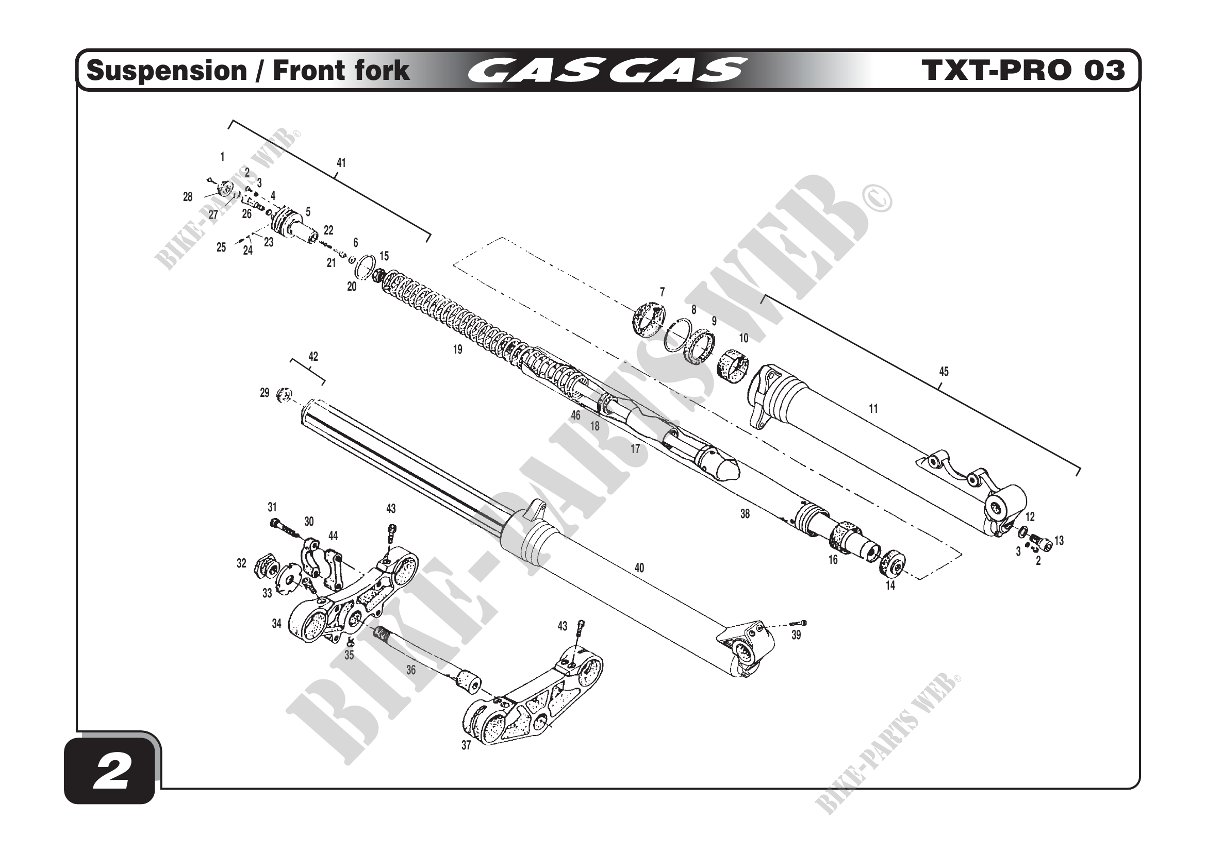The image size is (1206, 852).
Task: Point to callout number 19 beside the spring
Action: (457, 349)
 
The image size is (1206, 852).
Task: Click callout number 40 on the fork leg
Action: (639, 568)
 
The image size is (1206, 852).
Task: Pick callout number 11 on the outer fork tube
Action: (873, 408)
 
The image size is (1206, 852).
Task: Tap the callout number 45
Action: (944, 372)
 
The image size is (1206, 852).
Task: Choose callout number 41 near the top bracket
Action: (341, 163)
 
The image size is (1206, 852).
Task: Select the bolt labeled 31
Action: (282, 527)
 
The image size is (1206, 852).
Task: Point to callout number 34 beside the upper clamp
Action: (276, 624)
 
